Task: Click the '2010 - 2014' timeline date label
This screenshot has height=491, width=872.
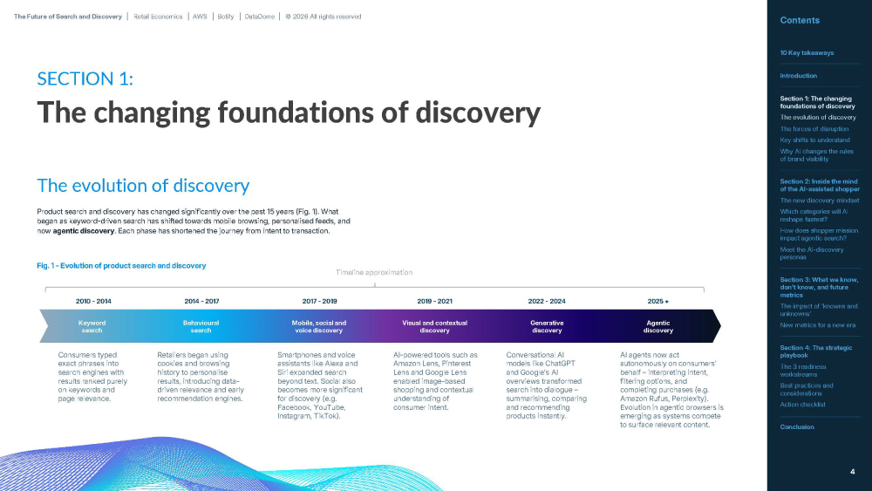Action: click(x=93, y=302)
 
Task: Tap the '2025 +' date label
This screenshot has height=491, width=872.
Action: click(x=657, y=302)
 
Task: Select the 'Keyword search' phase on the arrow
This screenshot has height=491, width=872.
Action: click(x=92, y=326)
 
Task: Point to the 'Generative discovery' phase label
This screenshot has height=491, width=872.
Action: click(x=547, y=326)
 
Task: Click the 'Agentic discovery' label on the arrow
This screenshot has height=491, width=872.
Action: click(x=657, y=326)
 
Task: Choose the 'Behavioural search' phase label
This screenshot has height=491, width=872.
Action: click(x=201, y=326)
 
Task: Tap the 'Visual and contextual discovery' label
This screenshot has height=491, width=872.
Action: click(x=434, y=326)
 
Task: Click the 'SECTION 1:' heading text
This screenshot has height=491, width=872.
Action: click(x=85, y=79)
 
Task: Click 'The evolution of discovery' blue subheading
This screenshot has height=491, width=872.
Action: click(x=143, y=186)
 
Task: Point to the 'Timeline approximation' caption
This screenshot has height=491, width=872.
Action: click(x=374, y=272)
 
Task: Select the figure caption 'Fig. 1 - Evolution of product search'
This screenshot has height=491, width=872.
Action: click(x=121, y=266)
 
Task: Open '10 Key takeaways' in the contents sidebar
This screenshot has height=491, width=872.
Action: click(x=807, y=53)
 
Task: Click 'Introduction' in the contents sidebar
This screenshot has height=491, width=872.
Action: click(x=798, y=76)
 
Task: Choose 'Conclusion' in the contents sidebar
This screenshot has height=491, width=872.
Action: click(x=796, y=427)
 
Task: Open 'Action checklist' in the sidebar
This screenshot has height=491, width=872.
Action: click(x=802, y=405)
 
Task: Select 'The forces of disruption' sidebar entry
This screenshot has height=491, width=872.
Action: click(x=814, y=128)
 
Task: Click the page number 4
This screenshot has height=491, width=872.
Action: click(x=853, y=472)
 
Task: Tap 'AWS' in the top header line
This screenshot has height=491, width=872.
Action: click(x=200, y=17)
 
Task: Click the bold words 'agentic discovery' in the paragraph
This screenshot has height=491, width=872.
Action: click(x=84, y=231)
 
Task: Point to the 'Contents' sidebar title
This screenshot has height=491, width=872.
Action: click(x=800, y=20)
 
